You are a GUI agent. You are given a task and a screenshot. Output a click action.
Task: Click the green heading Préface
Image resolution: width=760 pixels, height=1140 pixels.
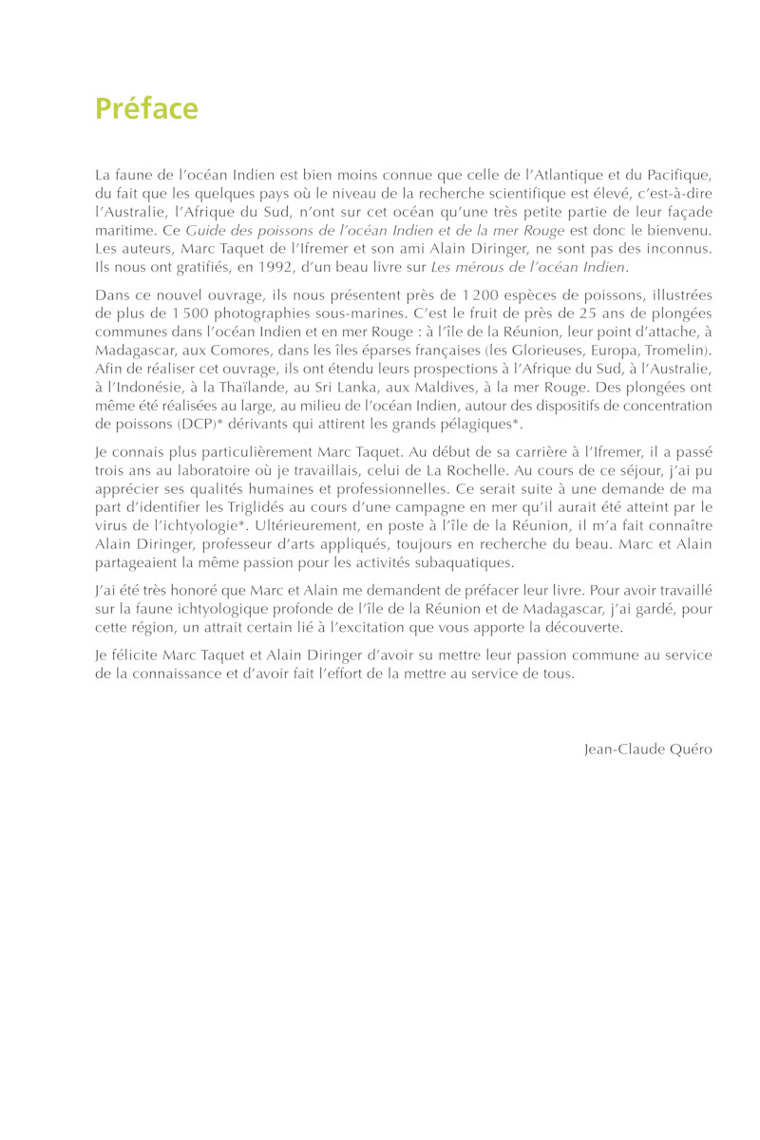click(146, 109)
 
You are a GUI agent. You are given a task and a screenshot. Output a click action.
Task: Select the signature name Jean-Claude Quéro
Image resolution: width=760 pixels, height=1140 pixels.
click(648, 749)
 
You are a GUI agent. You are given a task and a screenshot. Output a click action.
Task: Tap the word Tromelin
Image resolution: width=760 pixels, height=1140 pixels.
click(677, 351)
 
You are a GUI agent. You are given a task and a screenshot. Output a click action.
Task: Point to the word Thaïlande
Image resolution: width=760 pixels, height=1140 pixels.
click(233, 387)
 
